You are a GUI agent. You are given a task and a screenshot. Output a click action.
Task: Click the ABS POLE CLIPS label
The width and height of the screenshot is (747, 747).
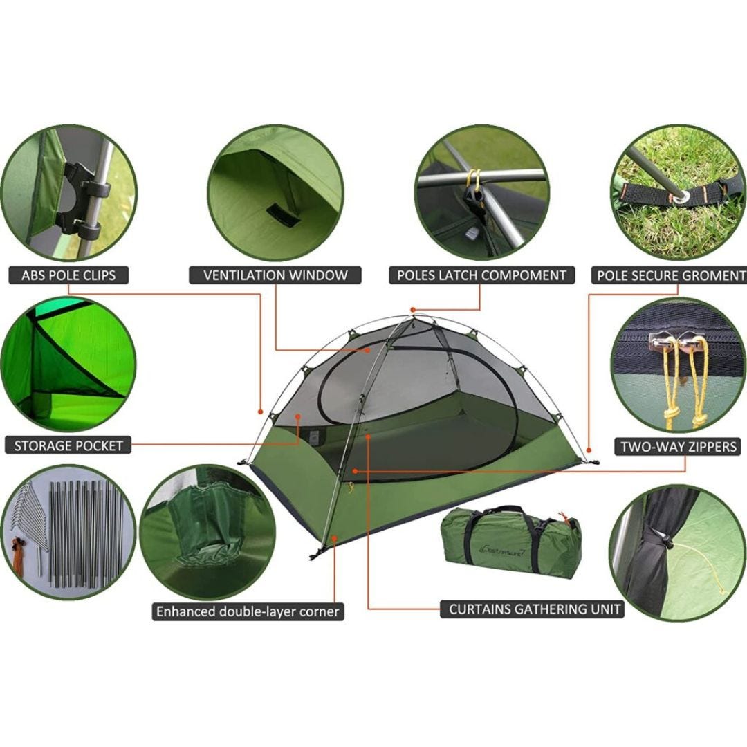pyautogui.click(x=68, y=275)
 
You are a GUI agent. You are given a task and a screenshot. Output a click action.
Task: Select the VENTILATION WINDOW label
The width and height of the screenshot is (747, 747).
pyautogui.click(x=275, y=275)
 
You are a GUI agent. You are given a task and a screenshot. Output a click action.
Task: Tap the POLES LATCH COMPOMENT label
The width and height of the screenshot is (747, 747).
pyautogui.click(x=481, y=275)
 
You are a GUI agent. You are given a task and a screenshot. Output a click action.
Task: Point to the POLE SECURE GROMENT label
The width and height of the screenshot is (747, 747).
pyautogui.click(x=670, y=275)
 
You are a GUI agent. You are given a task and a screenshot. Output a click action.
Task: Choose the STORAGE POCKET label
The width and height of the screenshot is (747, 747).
pyautogui.click(x=68, y=445)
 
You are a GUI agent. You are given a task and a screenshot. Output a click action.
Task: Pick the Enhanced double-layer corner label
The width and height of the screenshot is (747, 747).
pyautogui.click(x=248, y=611)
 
